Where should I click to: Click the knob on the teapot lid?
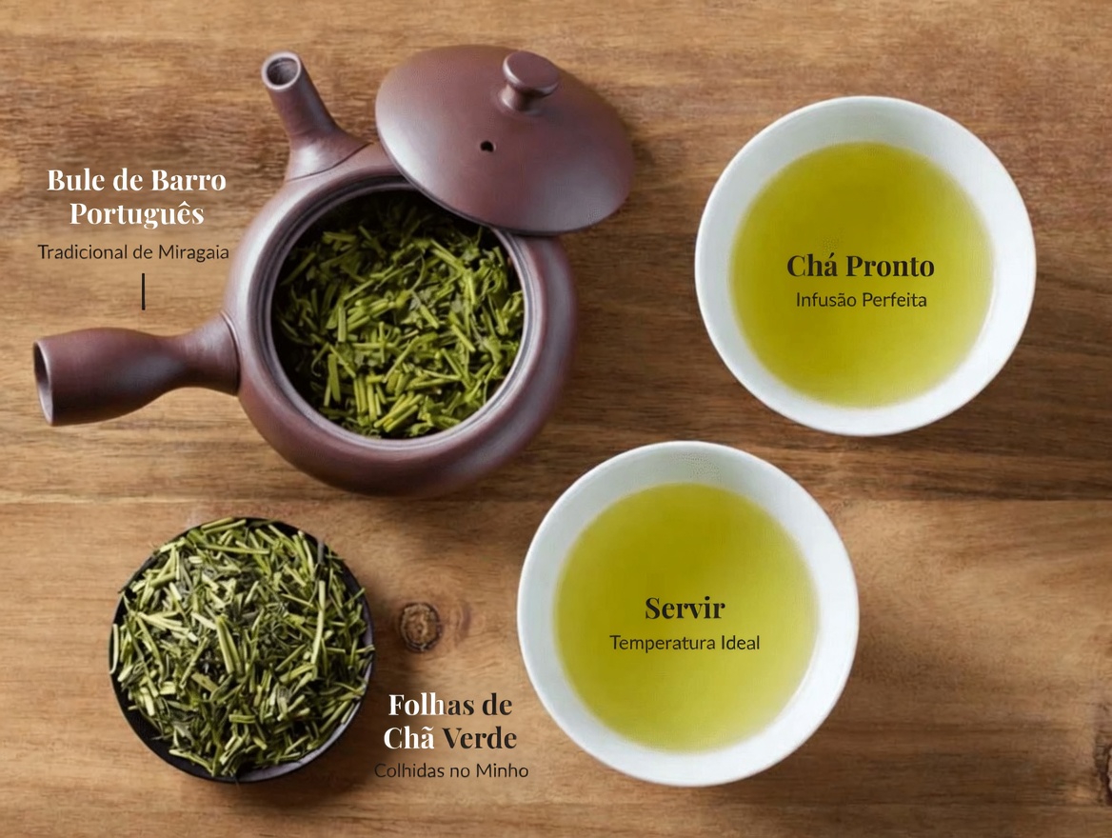pos(530,79)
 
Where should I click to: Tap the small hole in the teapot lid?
pos(487,147)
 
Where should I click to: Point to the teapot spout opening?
pos(282,71)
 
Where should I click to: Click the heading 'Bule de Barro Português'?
pos(137,196)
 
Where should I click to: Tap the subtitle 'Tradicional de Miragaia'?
pos(133,252)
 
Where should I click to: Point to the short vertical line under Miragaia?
pos(143,291)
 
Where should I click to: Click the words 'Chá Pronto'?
pos(861,266)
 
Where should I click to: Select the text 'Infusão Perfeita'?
pos(861,300)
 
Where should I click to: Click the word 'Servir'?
pos(685,609)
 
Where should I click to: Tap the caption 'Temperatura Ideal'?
pos(685,643)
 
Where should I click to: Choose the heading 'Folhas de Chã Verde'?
pos(450,722)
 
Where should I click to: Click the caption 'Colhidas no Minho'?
pos(451,770)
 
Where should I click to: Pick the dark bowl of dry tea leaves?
pos(242,649)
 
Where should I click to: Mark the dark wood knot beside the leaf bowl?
pos(420,627)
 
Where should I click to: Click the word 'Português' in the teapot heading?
pos(137,213)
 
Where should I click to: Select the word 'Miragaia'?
pos(193,252)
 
